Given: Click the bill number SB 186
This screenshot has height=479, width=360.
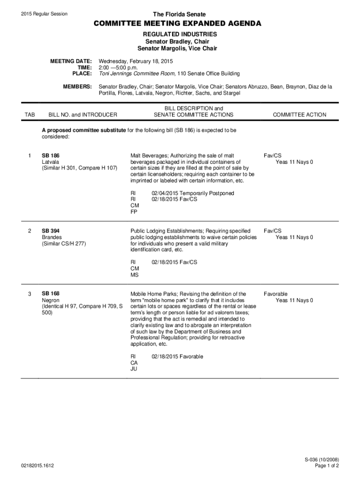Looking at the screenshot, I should pyautogui.click(x=50, y=155).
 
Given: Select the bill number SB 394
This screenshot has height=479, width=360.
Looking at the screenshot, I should pyautogui.click(x=50, y=231).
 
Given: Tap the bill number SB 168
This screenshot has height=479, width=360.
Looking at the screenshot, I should pyautogui.click(x=50, y=294).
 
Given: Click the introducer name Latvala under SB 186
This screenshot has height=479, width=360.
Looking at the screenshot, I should pyautogui.click(x=50, y=162).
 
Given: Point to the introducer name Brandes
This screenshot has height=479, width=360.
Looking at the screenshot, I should pyautogui.click(x=52, y=238).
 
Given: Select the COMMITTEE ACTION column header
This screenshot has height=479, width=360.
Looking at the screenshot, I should pyautogui.click(x=300, y=115).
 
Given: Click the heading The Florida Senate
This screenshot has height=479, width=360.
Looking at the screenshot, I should pyautogui.click(x=180, y=15).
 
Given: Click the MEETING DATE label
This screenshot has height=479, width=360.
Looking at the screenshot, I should pyautogui.click(x=71, y=61).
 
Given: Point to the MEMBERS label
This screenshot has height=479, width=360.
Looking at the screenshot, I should pyautogui.click(x=77, y=87).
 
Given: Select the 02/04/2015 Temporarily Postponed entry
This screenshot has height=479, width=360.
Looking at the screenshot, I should pyautogui.click(x=193, y=193).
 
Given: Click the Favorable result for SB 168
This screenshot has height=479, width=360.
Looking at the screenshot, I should pyautogui.click(x=275, y=294).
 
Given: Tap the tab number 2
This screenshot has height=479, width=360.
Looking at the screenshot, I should pyautogui.click(x=30, y=231).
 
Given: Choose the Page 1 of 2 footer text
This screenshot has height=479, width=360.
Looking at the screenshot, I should pyautogui.click(x=327, y=466).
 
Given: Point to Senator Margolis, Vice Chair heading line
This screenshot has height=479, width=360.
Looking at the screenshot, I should pyautogui.click(x=177, y=48).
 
